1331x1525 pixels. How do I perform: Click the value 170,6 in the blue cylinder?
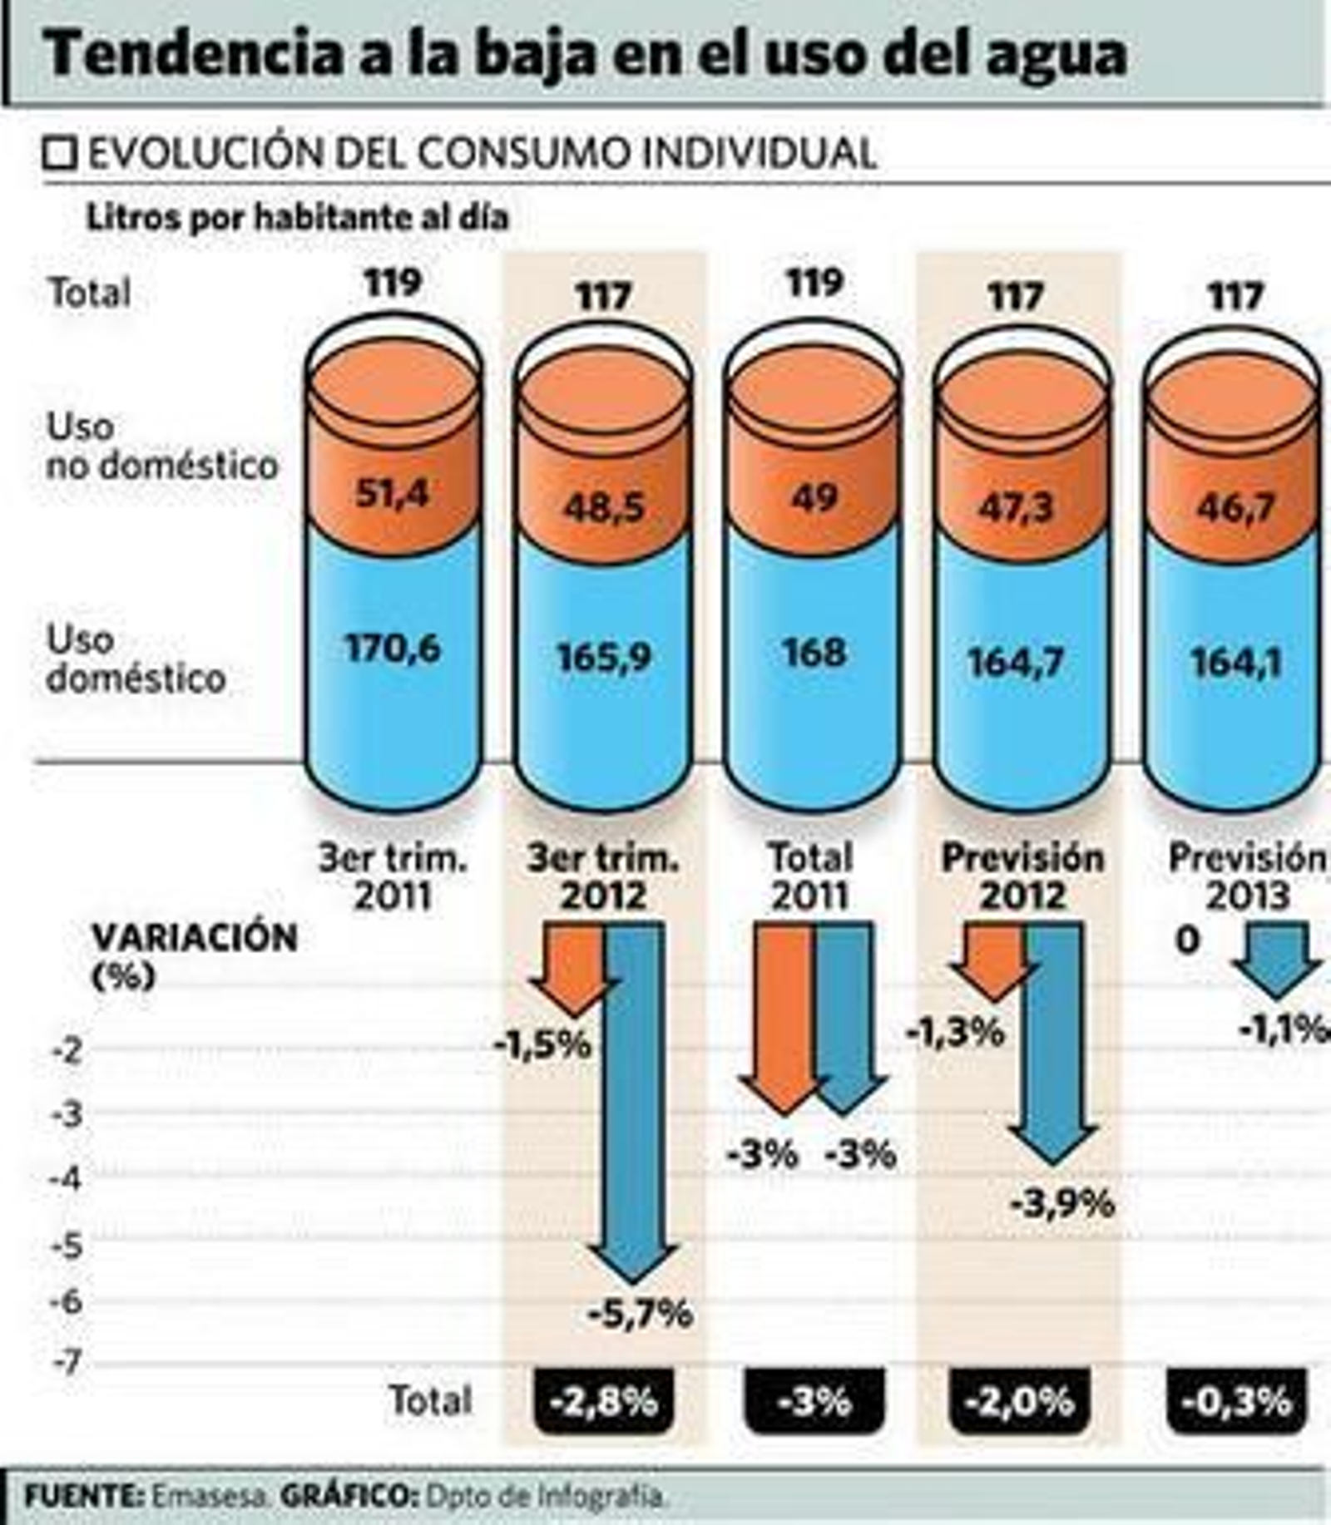click(392, 648)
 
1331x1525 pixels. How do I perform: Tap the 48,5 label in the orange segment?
click(604, 506)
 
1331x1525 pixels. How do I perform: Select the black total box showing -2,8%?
click(604, 1402)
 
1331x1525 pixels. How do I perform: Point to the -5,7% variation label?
click(640, 1314)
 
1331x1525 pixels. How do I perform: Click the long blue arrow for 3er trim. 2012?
click(634, 1098)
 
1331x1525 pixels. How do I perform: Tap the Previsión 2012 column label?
click(1022, 876)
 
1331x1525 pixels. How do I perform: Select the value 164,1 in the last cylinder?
click(1235, 662)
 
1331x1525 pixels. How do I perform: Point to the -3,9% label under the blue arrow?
click(1062, 1203)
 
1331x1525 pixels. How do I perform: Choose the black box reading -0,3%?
click(1236, 1402)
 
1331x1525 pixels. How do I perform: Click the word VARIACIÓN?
click(195, 937)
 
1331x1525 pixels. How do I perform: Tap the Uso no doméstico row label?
click(161, 446)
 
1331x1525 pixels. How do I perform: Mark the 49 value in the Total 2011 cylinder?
click(814, 498)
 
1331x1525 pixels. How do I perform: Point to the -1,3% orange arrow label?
click(956, 1033)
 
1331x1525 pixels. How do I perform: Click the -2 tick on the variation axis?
click(68, 1051)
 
